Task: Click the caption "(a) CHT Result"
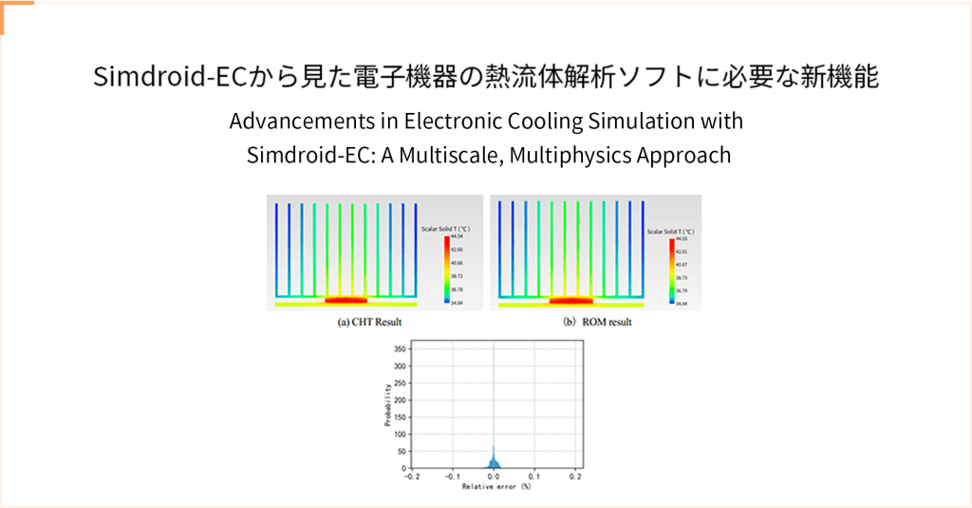369,322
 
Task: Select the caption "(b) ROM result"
596,322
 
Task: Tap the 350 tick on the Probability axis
401,349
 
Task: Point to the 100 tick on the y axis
401,434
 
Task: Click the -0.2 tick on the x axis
411,477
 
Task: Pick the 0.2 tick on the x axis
575,477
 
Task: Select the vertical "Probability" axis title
387,405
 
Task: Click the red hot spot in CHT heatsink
346,300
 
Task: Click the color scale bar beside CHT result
446,270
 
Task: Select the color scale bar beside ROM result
670,271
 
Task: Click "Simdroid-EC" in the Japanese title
170,77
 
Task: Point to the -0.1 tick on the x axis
452,477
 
